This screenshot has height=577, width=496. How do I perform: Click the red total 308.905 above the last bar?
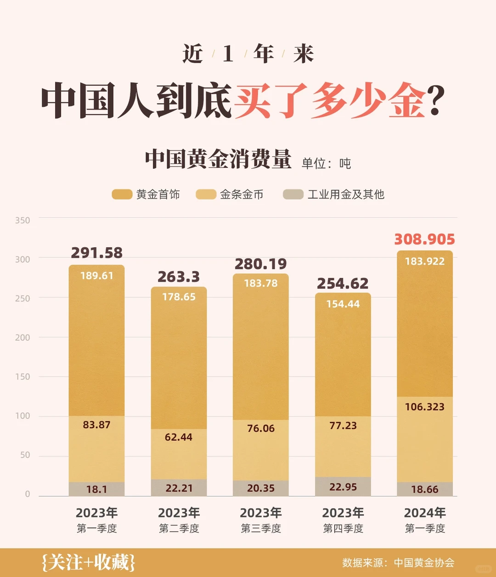coord(424,239)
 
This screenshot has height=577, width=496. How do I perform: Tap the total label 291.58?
coord(96,253)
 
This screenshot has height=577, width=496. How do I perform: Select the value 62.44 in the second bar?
coord(179,437)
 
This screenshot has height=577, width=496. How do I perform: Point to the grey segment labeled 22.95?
coord(343,487)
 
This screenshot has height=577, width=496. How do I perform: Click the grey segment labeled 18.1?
coord(96,489)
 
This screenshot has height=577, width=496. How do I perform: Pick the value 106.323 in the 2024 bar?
coord(424,407)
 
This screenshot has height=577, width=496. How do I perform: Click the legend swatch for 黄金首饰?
coord(122,194)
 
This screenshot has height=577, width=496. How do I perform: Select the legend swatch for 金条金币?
coord(206,194)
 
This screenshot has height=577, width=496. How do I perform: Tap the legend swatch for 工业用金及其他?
coord(293,194)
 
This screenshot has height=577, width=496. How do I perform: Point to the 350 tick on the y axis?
coord(23,220)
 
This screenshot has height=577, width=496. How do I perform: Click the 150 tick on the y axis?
coord(23,377)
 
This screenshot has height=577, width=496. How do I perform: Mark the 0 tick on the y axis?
coord(28,494)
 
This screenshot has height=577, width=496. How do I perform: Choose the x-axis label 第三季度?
coord(261,528)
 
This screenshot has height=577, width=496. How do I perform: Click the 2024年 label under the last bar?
coord(425,513)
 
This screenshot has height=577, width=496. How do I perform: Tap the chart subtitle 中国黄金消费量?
coord(218,159)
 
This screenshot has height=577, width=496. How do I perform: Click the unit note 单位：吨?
coord(326,163)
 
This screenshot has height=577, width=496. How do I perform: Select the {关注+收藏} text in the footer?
coord(88,562)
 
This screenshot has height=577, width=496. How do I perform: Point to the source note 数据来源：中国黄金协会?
coord(398,563)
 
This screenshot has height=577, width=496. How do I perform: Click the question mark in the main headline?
coord(435,100)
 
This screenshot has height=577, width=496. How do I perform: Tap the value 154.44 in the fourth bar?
coord(343,304)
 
